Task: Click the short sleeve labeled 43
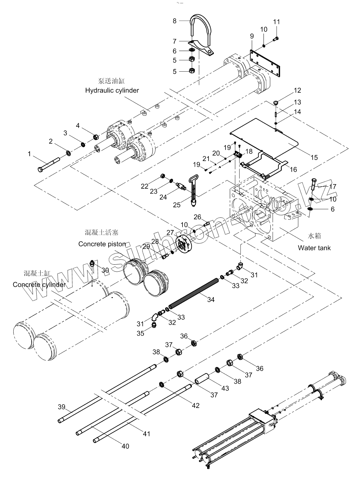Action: pos(202,379)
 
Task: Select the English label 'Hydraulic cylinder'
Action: pos(112,90)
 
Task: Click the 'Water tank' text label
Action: pos(314,248)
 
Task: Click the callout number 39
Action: pos(62,407)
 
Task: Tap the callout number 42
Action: pos(195,405)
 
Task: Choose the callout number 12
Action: pos(297,90)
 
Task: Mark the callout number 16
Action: pos(293,170)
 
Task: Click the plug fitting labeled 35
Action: pos(154,325)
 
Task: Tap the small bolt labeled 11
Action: pos(275,39)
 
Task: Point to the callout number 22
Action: pos(144,186)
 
